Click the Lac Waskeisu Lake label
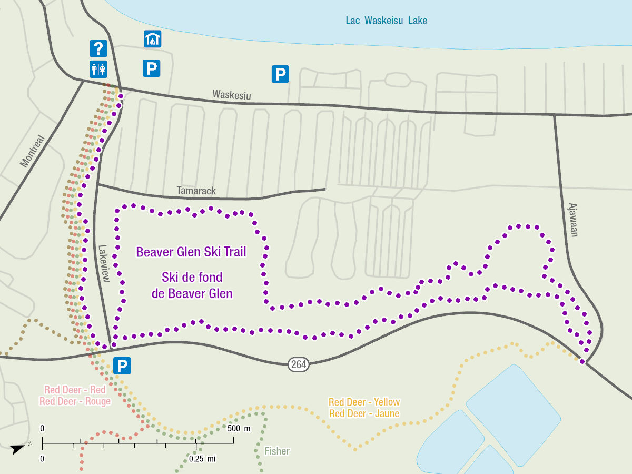[x=386, y=21]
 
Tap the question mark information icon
[x=98, y=48]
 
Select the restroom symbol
[x=98, y=68]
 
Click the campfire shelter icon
[x=152, y=38]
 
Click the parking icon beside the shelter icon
[x=152, y=68]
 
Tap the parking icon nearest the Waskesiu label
[x=280, y=74]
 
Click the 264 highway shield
[x=298, y=363]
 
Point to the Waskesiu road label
[x=232, y=95]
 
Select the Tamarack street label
[x=196, y=191]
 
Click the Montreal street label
[x=33, y=151]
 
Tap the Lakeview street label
[x=103, y=263]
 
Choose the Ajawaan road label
[x=572, y=220]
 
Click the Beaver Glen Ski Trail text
[x=191, y=252]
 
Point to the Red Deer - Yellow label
[x=364, y=402]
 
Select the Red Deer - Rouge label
[x=75, y=401]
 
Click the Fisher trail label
[x=277, y=451]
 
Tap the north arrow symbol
[x=18, y=448]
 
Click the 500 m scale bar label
[x=239, y=428]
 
